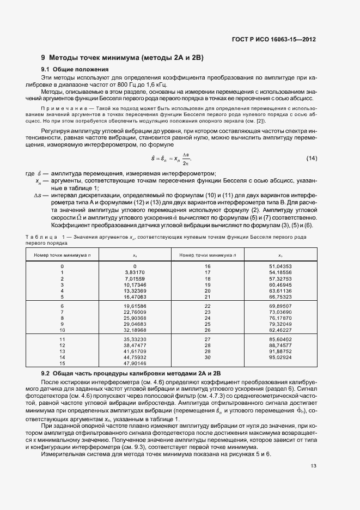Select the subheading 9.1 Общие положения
(x=75, y=70)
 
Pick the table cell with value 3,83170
(x=135, y=272)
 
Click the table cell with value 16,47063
(x=135, y=297)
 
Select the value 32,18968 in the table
(x=135, y=330)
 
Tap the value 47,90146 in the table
(x=135, y=363)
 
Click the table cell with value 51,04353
(x=280, y=266)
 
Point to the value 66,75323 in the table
(x=280, y=297)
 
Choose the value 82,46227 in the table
(x=280, y=330)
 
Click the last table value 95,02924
(x=280, y=357)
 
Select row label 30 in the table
(x=207, y=357)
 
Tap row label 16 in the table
(x=207, y=266)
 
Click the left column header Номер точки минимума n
(x=63, y=255)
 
